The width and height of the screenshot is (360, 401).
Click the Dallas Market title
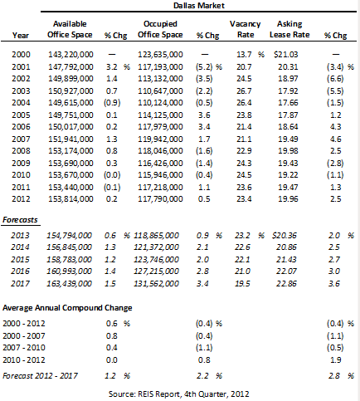(199, 6)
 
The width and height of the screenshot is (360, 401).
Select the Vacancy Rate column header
(246, 29)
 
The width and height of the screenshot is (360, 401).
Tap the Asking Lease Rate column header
(289, 29)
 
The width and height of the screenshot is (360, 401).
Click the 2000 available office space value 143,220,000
(71, 55)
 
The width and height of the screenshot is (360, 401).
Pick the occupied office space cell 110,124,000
(160, 103)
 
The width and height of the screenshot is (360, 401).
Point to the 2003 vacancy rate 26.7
(244, 91)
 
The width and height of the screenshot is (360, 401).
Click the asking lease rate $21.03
(286, 55)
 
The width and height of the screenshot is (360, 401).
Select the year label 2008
(21, 151)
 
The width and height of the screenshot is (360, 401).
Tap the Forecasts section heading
(20, 220)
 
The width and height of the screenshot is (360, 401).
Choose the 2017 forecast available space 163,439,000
(69, 284)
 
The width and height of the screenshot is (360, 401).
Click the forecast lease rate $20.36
(285, 236)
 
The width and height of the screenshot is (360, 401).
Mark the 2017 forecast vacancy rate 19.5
(242, 284)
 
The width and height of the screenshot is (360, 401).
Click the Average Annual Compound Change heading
(67, 308)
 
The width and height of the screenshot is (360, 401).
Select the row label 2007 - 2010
(24, 348)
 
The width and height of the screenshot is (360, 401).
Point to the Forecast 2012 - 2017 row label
(40, 376)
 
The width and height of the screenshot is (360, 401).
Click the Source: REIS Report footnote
(179, 394)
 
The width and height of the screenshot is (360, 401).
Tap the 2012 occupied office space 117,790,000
(160, 199)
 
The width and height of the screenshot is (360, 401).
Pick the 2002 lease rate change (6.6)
(335, 79)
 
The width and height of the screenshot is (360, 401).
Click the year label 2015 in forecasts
(20, 260)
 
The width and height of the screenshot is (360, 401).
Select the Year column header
(21, 36)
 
